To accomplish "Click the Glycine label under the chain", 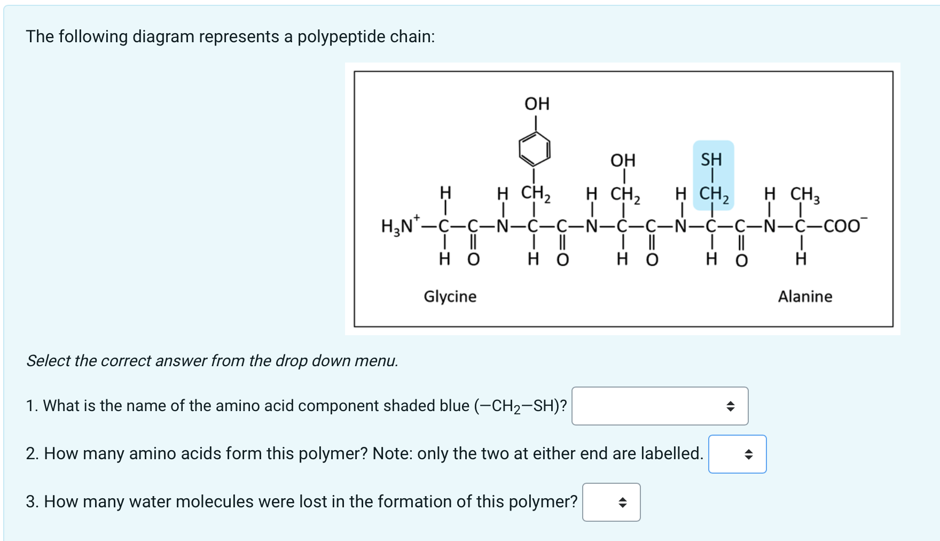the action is pyautogui.click(x=450, y=296).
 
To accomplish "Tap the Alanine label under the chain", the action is pyautogui.click(x=805, y=296).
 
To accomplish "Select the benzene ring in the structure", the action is pyautogui.click(x=535, y=149).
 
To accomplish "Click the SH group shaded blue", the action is pyautogui.click(x=711, y=159).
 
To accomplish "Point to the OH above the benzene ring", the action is pyautogui.click(x=537, y=104).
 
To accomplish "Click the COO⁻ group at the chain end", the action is pyautogui.click(x=842, y=226).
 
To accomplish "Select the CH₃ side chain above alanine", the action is pyautogui.click(x=804, y=195).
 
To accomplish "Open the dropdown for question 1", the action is pyautogui.click(x=660, y=406).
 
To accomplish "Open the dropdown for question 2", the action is pyautogui.click(x=737, y=454).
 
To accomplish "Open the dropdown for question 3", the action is pyautogui.click(x=611, y=503).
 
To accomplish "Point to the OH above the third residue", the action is pyautogui.click(x=623, y=160).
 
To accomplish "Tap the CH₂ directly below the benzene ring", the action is pyautogui.click(x=535, y=194).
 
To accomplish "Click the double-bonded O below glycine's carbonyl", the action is pyautogui.click(x=473, y=260).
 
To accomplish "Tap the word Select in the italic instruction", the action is pyautogui.click(x=49, y=361).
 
